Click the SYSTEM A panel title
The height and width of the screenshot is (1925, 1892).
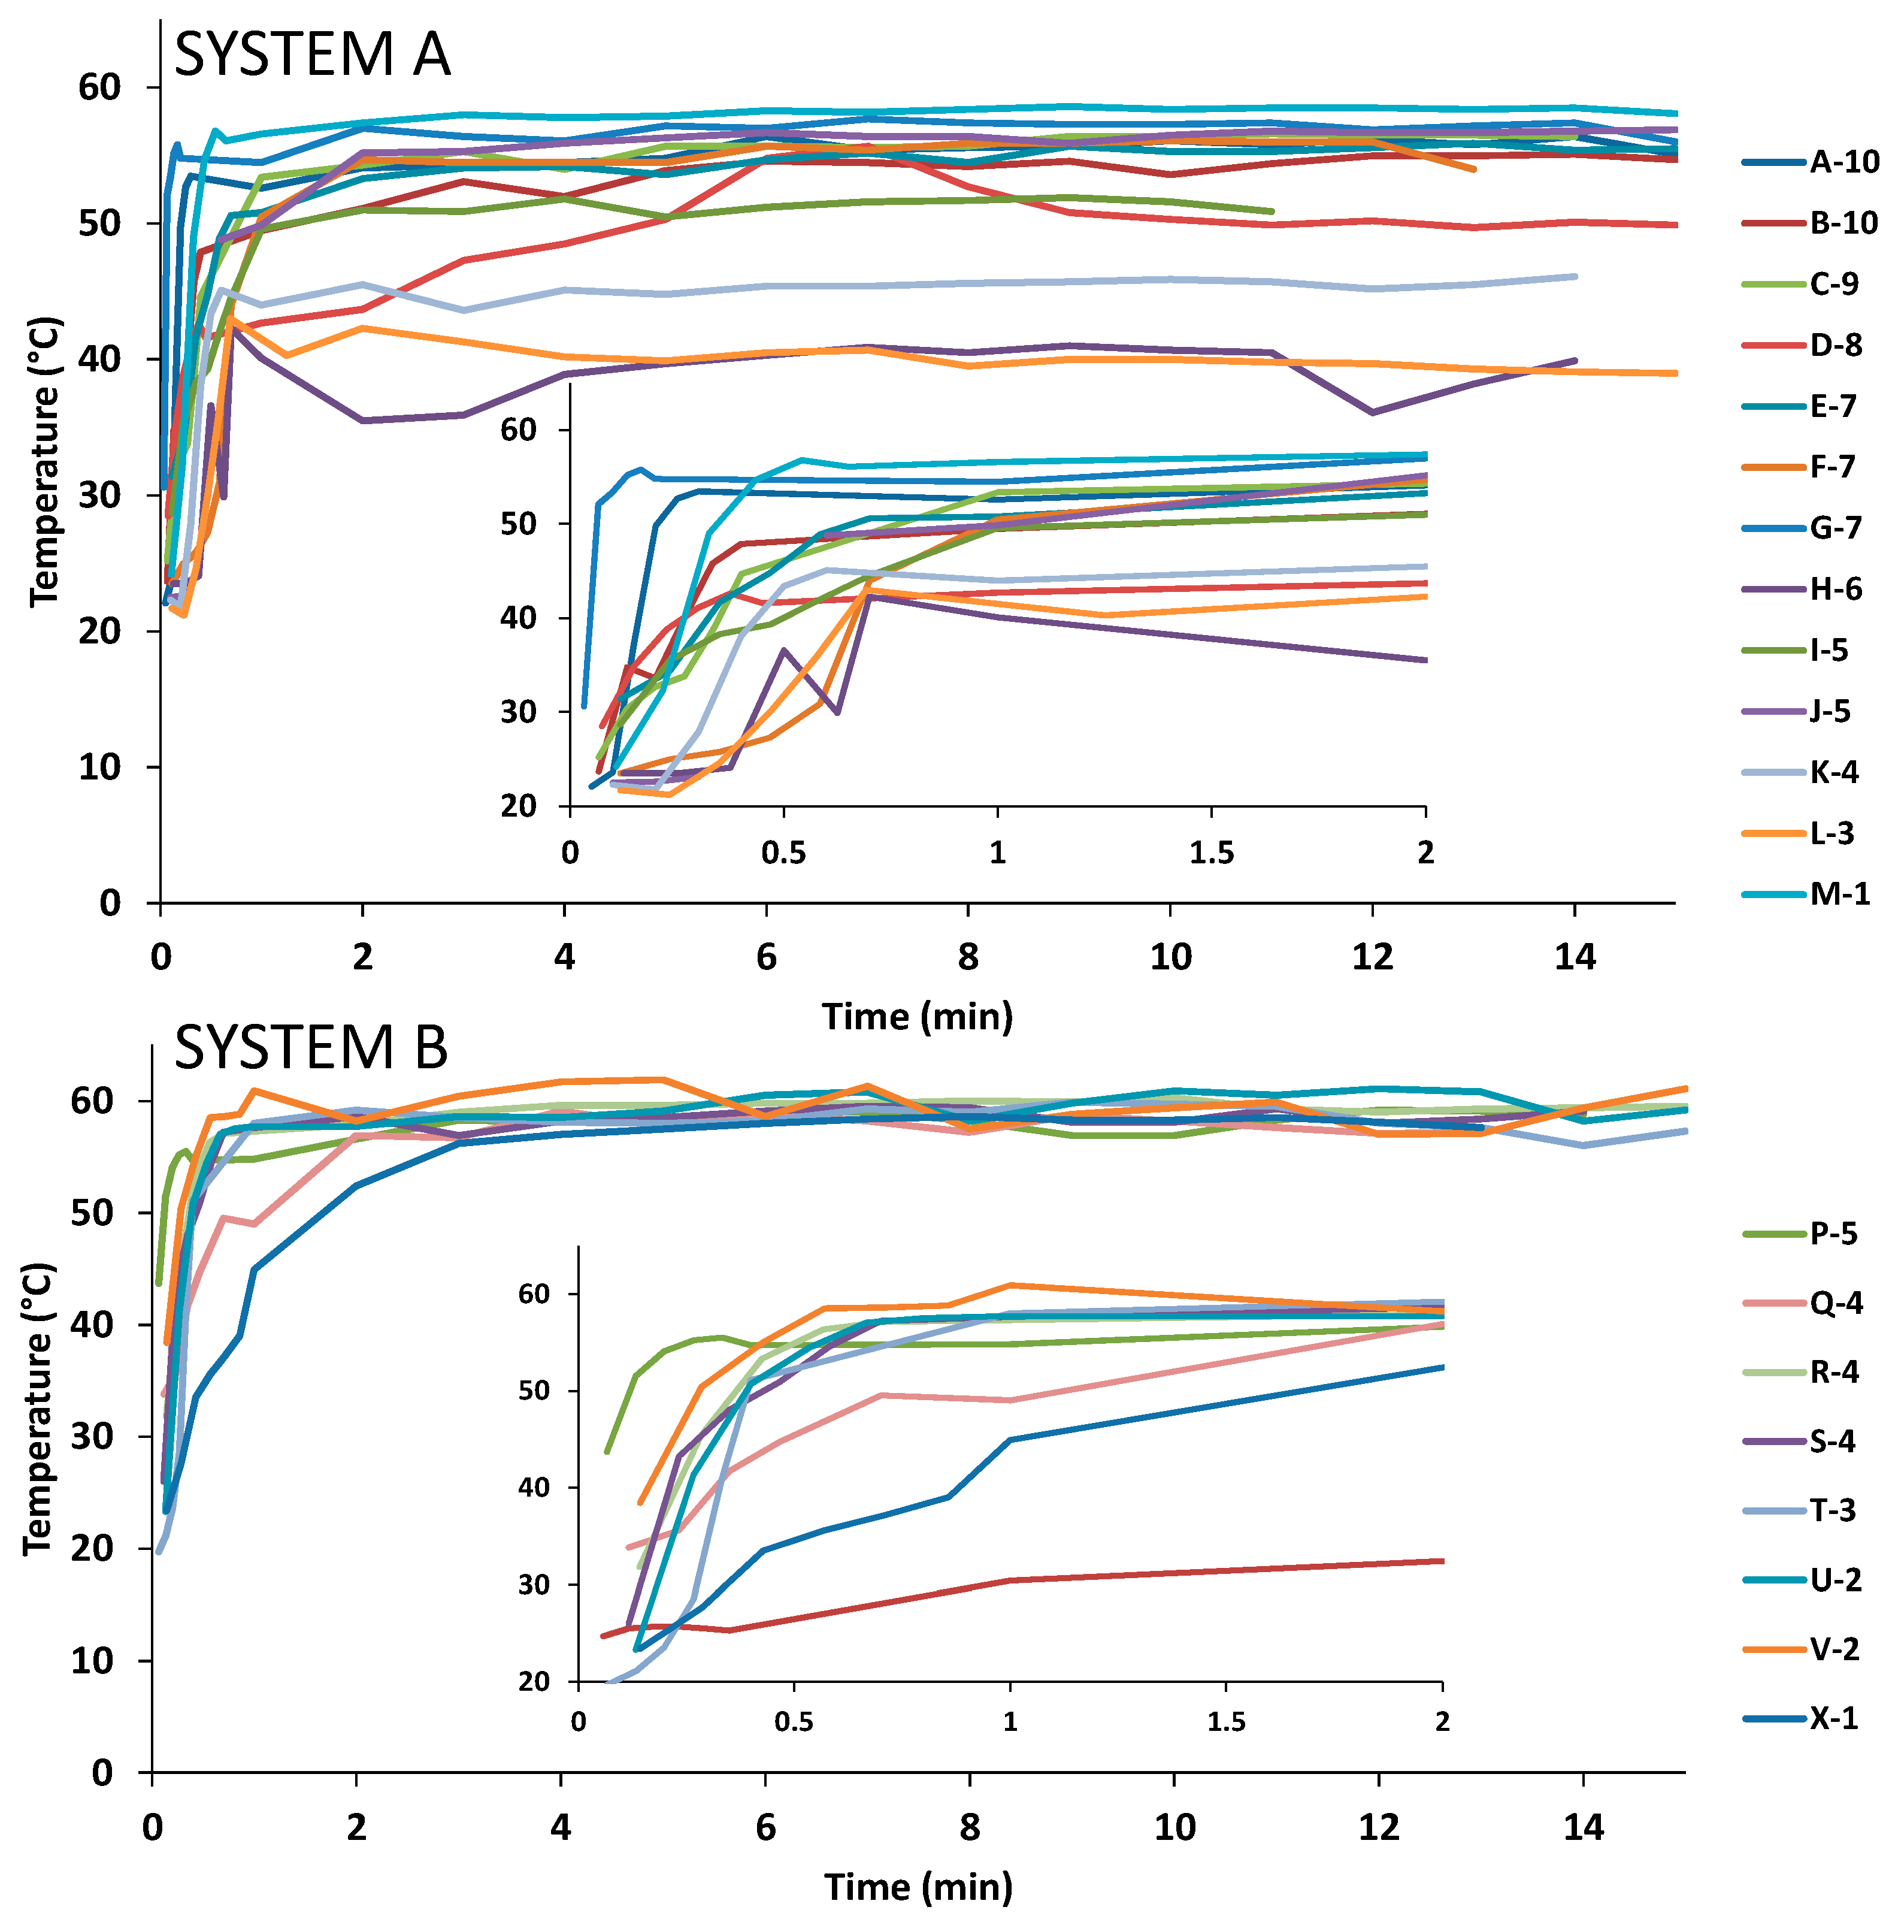[x=312, y=54]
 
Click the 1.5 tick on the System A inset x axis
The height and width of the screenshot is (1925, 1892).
[x=1211, y=853]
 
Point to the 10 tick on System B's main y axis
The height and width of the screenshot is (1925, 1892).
[x=92, y=1661]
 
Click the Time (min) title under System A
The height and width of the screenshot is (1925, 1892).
[x=917, y=1017]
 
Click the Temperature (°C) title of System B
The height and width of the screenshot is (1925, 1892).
[x=38, y=1409]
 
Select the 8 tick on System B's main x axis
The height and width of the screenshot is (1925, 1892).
[x=969, y=1827]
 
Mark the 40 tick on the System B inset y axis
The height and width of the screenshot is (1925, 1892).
[x=535, y=1488]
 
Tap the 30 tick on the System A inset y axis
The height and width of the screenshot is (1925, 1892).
[x=519, y=712]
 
